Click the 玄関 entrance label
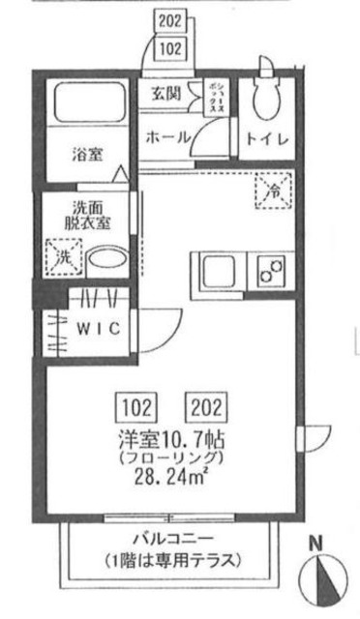click(167, 94)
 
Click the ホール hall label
click(166, 138)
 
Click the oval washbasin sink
click(107, 262)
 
